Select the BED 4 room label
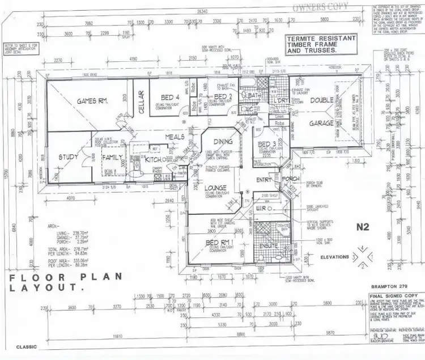pyautogui.click(x=166, y=97)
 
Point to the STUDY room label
pyautogui.click(x=69, y=157)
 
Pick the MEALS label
pyautogui.click(x=176, y=137)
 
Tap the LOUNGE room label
pyautogui.click(x=216, y=188)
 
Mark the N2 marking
pyautogui.click(x=363, y=227)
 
